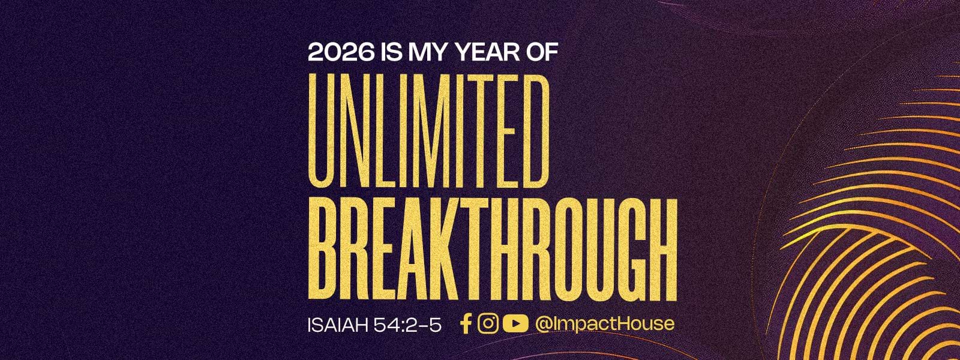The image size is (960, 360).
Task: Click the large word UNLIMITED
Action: click(x=428, y=131)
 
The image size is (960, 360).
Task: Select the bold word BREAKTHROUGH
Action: click(x=493, y=250)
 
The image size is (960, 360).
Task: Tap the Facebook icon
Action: click(x=466, y=323)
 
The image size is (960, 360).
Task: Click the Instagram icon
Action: click(x=488, y=323)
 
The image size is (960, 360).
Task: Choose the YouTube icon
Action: click(x=515, y=323)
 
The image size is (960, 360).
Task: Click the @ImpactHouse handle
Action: click(x=604, y=324)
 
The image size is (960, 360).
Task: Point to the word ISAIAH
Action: click(x=337, y=325)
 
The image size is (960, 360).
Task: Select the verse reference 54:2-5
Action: click(x=407, y=325)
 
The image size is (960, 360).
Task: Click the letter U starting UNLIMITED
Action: click(x=323, y=131)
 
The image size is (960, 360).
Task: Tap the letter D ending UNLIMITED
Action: click(x=535, y=131)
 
